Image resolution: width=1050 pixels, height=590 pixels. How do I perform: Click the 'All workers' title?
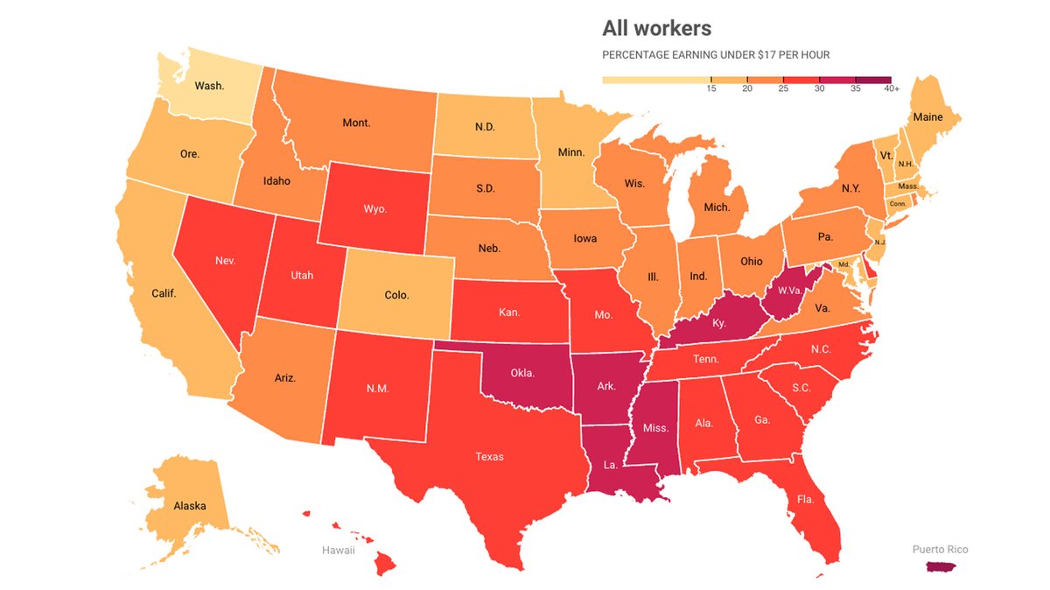[656, 28]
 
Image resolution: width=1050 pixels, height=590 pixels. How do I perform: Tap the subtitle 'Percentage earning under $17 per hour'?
[716, 55]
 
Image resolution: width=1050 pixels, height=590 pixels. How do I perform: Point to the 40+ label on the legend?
[892, 89]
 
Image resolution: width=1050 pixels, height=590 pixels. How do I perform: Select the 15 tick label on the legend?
[711, 89]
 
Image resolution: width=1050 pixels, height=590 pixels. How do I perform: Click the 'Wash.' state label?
[209, 86]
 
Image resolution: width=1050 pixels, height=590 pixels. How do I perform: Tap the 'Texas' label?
[489, 456]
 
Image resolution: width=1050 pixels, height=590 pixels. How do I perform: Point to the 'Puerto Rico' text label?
[940, 550]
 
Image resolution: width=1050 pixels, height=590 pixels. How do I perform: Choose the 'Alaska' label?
[189, 506]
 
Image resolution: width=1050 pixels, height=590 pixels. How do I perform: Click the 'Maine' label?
[927, 116]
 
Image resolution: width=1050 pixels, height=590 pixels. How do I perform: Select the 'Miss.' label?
[654, 428]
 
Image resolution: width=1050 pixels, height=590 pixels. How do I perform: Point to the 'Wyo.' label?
[374, 210]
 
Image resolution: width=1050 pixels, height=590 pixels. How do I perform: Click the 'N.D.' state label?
[485, 127]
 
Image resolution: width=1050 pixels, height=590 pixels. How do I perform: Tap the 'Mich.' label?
[716, 207]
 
